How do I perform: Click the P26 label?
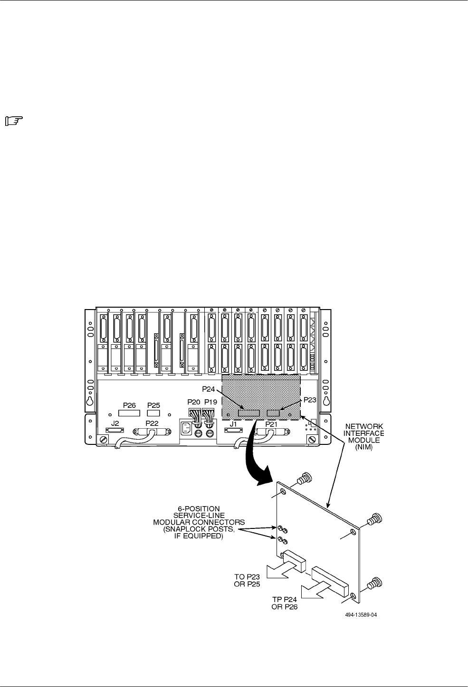(129, 405)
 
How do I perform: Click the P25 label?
(153, 405)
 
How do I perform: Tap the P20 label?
(194, 402)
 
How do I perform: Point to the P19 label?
(210, 402)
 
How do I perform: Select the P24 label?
(209, 389)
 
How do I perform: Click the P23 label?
(310, 400)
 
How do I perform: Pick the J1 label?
(233, 423)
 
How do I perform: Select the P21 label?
(272, 423)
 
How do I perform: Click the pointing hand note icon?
(14, 122)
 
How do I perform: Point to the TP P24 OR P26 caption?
(284, 603)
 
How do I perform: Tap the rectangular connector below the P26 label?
(129, 414)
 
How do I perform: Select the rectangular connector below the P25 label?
(153, 414)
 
